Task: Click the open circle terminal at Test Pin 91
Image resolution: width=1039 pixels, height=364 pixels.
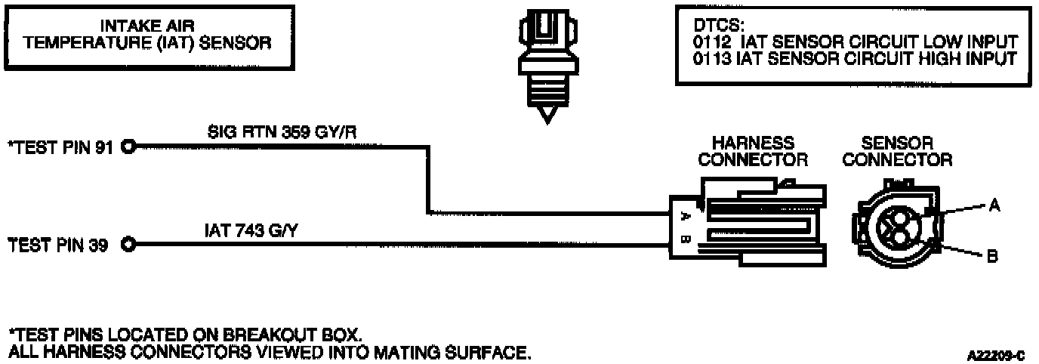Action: pyautogui.click(x=128, y=147)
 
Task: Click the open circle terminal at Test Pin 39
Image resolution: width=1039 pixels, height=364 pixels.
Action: pyautogui.click(x=128, y=244)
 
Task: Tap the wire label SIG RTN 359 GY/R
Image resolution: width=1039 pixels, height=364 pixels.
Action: pyautogui.click(x=282, y=131)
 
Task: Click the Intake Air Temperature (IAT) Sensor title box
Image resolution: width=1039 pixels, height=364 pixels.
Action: pyautogui.click(x=147, y=36)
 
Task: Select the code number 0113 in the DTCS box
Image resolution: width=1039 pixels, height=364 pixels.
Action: pyautogui.click(x=708, y=58)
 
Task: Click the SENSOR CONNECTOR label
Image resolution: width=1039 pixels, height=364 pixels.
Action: pyautogui.click(x=897, y=151)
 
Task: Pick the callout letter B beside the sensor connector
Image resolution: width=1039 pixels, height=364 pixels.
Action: pyautogui.click(x=993, y=257)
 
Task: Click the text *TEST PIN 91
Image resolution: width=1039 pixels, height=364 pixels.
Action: pyautogui.click(x=60, y=148)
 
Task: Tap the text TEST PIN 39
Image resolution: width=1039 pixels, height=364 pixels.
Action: pyautogui.click(x=60, y=245)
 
